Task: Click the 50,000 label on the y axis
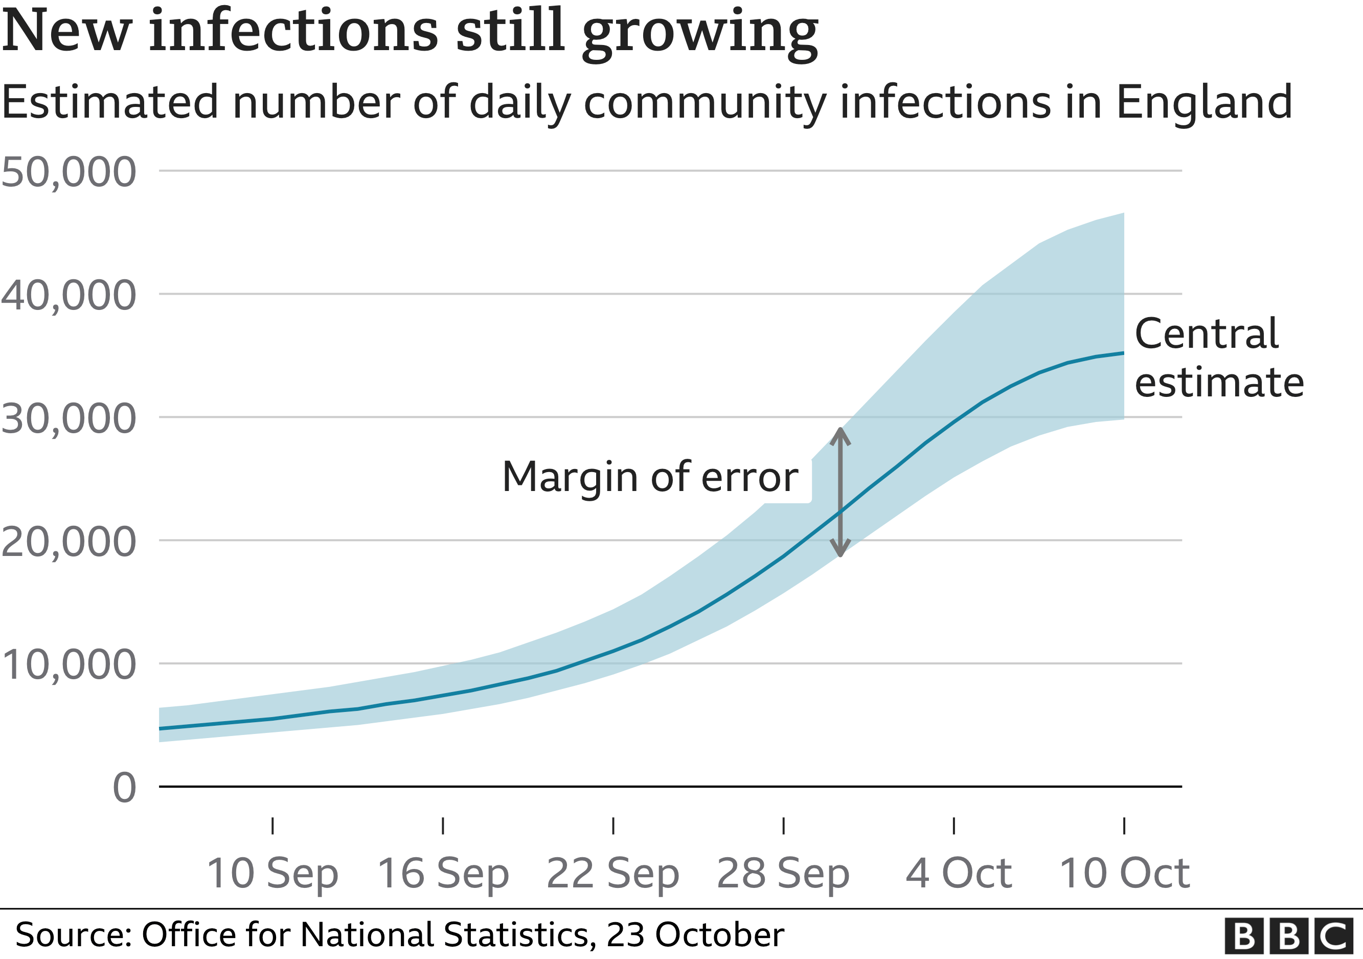click(x=69, y=172)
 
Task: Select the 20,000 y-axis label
click(x=69, y=542)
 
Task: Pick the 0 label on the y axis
click(x=124, y=789)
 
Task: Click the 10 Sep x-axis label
click(x=272, y=874)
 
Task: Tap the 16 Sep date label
click(x=443, y=874)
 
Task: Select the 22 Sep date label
click(x=612, y=874)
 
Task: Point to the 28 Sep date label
click(x=783, y=874)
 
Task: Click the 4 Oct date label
click(x=958, y=874)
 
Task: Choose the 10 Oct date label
click(x=1124, y=874)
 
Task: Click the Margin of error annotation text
click(x=650, y=477)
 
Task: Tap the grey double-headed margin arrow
click(x=840, y=492)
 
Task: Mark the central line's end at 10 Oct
click(x=1123, y=353)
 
